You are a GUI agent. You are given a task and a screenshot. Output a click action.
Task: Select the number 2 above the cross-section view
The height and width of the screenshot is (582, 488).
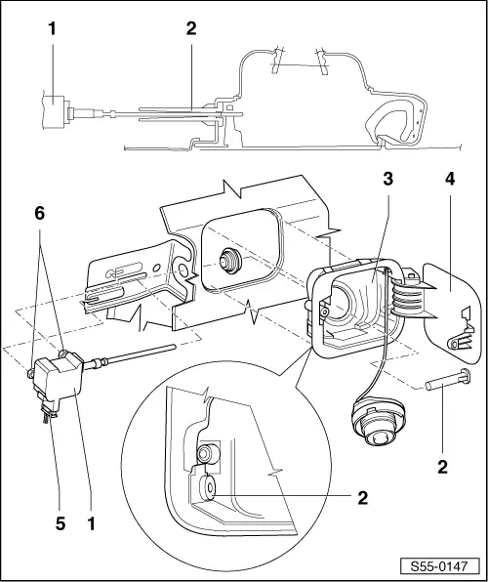tap(191, 28)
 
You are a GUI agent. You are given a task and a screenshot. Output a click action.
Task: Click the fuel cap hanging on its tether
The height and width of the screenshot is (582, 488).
tap(377, 427)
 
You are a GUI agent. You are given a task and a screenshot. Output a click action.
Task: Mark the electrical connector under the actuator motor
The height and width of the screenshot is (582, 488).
tap(47, 414)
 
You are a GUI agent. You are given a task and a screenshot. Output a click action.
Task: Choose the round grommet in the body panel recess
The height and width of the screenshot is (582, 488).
tap(231, 261)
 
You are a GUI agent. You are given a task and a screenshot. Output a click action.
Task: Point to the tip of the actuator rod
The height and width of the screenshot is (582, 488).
tap(173, 345)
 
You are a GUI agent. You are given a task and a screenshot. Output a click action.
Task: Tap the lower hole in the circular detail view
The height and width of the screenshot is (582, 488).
tap(206, 485)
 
